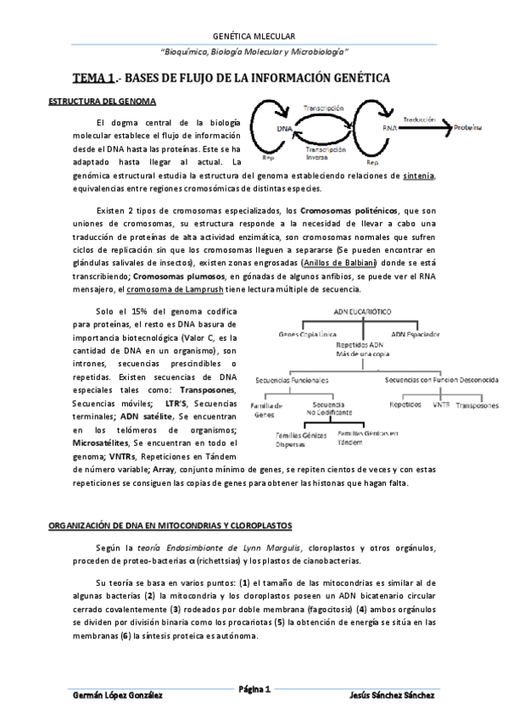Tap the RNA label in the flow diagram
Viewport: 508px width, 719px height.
pos(390,127)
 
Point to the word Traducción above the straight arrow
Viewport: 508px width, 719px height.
pos(421,120)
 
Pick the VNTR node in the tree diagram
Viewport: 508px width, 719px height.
pos(440,405)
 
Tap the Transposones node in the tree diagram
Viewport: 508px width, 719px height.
pos(476,406)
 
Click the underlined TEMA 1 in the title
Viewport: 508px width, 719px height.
pos(93,78)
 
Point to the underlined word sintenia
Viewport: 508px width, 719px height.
pos(419,176)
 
